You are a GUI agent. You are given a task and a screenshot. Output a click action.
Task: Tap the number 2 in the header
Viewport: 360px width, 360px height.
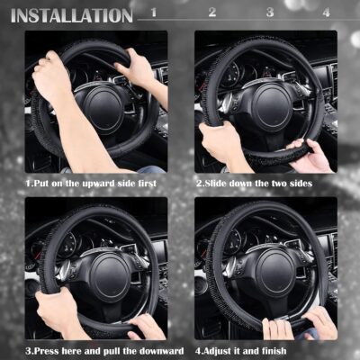212,13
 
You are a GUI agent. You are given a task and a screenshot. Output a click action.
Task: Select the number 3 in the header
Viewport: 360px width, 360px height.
270,13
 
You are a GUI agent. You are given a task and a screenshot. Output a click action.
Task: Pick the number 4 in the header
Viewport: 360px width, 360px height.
326,13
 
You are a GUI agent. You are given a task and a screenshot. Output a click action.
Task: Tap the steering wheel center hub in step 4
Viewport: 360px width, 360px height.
273,272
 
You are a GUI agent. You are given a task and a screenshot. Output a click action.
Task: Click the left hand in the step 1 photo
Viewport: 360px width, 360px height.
51,76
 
